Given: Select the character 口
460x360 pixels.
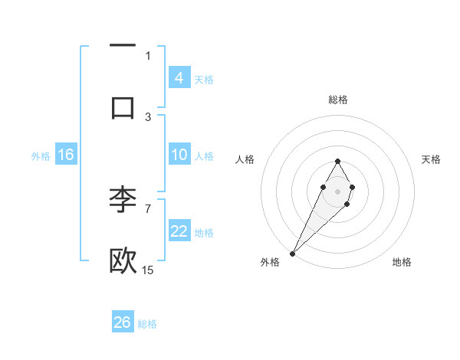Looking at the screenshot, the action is [x=123, y=106].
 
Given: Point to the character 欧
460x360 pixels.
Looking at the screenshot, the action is [x=123, y=260].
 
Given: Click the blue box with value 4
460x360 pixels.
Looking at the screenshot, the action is [x=179, y=78].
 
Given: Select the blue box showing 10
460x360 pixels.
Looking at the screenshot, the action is [x=179, y=155].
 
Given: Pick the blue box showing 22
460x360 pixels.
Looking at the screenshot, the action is [x=179, y=231].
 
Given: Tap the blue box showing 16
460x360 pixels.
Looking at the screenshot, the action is [x=66, y=155].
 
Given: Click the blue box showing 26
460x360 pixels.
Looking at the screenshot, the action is [x=123, y=322].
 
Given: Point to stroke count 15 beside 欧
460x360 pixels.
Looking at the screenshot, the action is [x=148, y=270].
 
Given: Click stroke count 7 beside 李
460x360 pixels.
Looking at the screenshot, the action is [x=148, y=208].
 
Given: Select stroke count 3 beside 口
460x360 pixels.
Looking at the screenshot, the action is [x=148, y=116].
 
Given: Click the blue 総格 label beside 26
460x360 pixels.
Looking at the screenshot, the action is [x=148, y=324].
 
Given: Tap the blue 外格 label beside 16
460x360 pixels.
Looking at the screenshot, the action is [x=41, y=156].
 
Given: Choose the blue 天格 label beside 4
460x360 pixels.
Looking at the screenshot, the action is [x=204, y=80].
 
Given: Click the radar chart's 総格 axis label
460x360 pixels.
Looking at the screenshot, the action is [x=337, y=100].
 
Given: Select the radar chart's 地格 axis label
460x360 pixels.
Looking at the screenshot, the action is [x=402, y=262].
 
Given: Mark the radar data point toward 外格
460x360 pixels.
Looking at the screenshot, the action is [x=292, y=253].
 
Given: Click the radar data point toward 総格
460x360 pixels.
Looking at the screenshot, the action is [x=337, y=161].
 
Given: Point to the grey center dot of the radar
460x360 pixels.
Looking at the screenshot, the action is [x=337, y=190].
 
